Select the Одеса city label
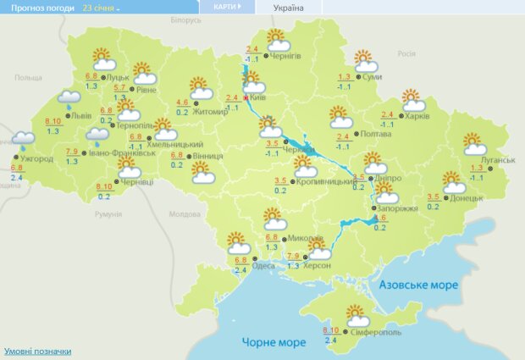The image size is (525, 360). point(263,266)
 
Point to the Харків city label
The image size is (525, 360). point(417,116)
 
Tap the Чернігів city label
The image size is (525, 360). point(286,56)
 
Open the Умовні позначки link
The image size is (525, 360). point(38,351)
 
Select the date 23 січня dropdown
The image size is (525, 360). point(102,7)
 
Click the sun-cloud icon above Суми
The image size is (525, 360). point(365,61)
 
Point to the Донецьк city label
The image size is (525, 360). point(467,197)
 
